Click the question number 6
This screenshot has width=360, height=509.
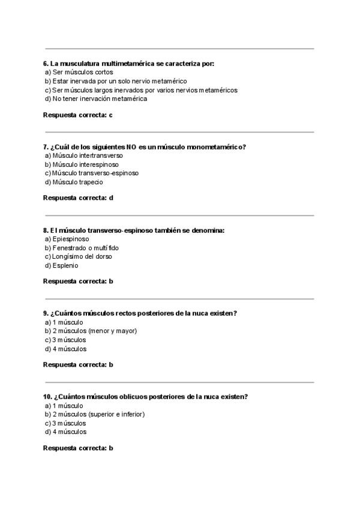click(46, 63)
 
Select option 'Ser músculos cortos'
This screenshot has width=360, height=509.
click(79, 72)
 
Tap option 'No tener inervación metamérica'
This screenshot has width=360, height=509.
click(95, 99)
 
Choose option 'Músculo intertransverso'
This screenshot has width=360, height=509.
click(83, 155)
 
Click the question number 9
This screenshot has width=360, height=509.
click(46, 313)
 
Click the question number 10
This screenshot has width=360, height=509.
click(47, 397)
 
